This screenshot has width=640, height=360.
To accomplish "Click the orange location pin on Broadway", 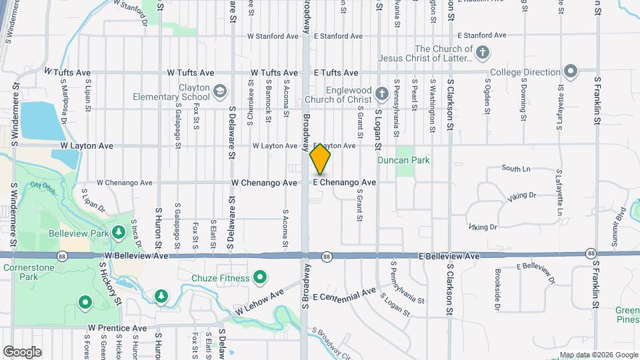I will click(320, 158).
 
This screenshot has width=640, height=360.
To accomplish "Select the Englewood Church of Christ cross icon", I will click(382, 93).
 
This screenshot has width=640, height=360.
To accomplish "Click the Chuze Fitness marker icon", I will click(259, 277).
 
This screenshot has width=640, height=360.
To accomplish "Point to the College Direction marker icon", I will click(570, 71).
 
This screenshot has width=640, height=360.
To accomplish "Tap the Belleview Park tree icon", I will click(118, 232).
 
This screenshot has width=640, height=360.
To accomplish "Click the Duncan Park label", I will click(422, 160).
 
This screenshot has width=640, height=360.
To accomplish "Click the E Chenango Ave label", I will click(345, 182).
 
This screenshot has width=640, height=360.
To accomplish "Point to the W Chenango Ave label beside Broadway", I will click(264, 182).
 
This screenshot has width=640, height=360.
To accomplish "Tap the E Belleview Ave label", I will click(449, 256).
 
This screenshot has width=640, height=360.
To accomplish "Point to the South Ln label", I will click(515, 169).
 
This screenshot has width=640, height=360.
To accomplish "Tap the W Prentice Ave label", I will click(117, 329).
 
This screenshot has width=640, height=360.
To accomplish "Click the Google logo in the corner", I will click(21, 351).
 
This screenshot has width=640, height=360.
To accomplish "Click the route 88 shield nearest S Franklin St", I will click(591, 253).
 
